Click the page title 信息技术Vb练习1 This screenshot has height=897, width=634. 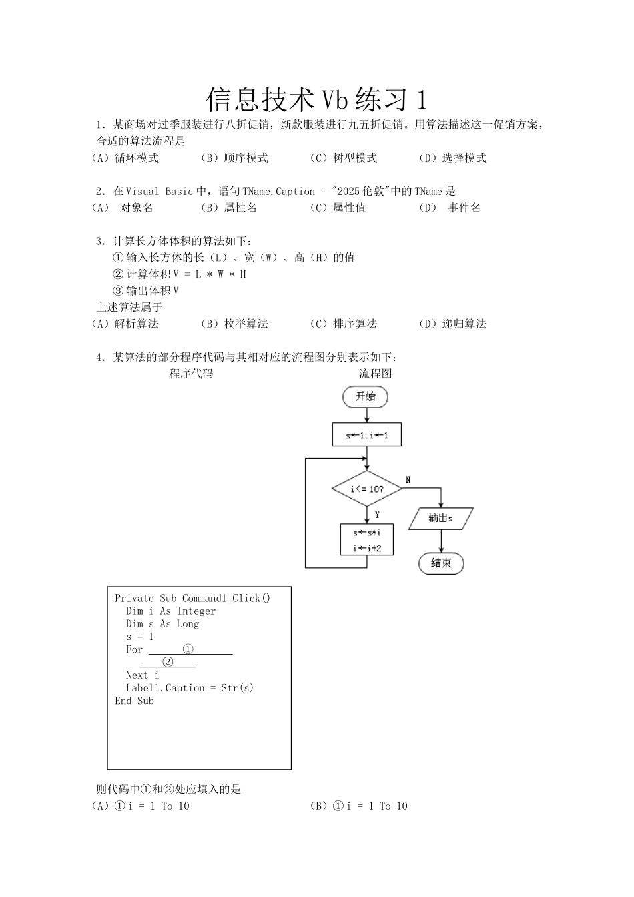tap(316, 99)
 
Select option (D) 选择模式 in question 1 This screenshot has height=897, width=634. tap(452, 158)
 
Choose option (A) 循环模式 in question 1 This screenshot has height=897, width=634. tap(125, 158)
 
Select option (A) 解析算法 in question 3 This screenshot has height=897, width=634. tap(125, 324)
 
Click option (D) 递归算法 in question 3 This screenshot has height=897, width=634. tap(452, 324)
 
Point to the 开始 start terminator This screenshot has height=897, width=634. tap(365, 396)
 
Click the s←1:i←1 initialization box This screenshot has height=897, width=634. tap(366, 436)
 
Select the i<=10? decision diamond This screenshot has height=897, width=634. tap(366, 489)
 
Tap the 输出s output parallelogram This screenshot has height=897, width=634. tap(440, 518)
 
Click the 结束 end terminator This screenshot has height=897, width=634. tap(441, 563)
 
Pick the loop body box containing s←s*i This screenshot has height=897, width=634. tap(366, 539)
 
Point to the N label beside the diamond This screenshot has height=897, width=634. tap(408, 480)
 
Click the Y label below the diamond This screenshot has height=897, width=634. tap(377, 515)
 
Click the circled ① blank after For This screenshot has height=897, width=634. tap(190, 649)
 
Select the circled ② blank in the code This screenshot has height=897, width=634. tap(168, 662)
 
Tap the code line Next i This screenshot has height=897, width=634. tap(142, 675)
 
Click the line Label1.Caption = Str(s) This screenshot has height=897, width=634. tap(190, 688)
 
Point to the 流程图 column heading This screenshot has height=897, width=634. tap(376, 374)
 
